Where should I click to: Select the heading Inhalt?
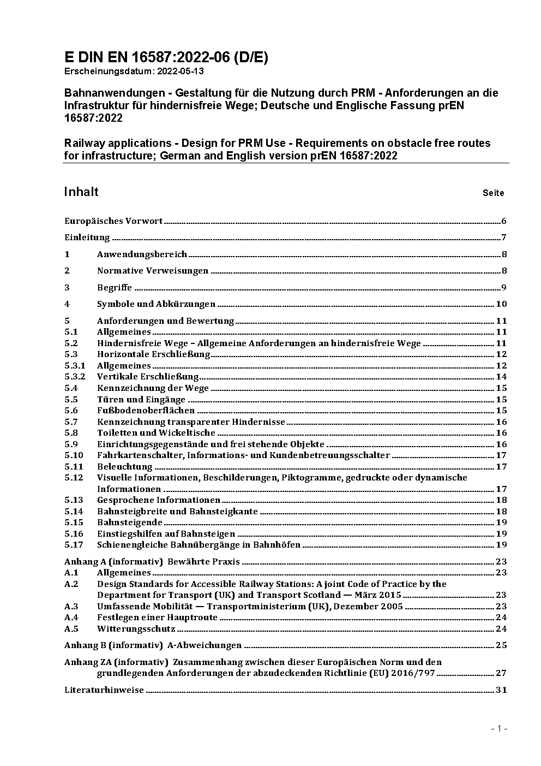tap(81, 192)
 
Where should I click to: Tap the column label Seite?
tap(493, 193)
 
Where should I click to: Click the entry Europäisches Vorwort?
tap(113, 221)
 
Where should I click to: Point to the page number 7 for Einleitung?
tap(504, 237)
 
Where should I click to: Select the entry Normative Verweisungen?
tap(153, 271)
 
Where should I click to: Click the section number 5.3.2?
tap(75, 377)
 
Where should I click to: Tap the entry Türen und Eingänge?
tap(141, 399)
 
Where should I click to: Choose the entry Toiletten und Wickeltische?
tap(156, 433)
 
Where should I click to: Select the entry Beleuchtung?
tap(124, 467)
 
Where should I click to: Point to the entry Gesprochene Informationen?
tap(158, 500)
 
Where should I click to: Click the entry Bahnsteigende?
tap(130, 522)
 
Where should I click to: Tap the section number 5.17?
tap(74, 545)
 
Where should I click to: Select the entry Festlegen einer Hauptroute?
tap(157, 617)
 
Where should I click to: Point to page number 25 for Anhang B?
tap(501, 645)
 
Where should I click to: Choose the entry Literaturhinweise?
tap(104, 690)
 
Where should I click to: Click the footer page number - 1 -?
tap(500, 728)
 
